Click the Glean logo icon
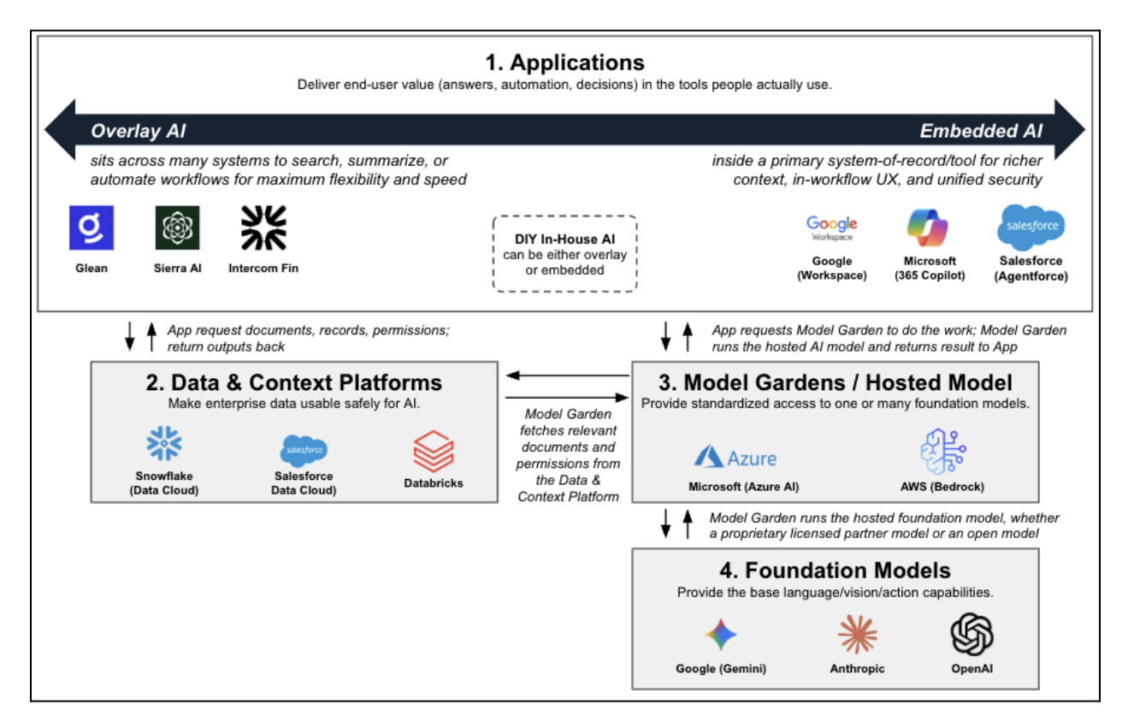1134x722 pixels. tap(92, 228)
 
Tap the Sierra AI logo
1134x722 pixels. tap(178, 228)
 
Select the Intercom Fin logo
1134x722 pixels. tap(263, 228)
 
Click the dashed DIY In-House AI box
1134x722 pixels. tap(565, 254)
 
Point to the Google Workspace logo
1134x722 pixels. tap(831, 228)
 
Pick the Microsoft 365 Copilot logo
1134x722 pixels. tap(930, 228)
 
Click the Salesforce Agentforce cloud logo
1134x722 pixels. tap(1031, 227)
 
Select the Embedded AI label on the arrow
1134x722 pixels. tap(981, 131)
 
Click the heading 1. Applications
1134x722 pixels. tap(564, 62)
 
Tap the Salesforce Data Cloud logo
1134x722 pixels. tap(304, 449)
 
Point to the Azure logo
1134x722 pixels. tap(735, 458)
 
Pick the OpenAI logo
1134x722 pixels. tap(972, 634)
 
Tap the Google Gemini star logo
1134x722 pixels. tap(720, 635)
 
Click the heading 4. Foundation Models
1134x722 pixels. tap(835, 570)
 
